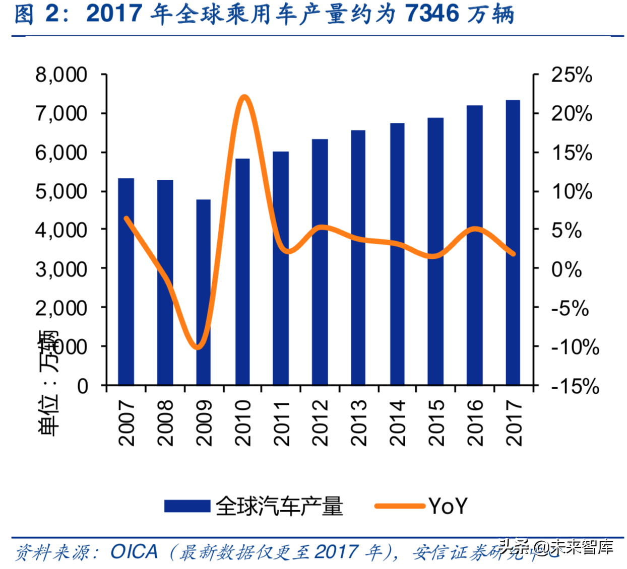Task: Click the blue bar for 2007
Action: [x=126, y=282]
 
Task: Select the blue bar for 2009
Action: [x=203, y=292]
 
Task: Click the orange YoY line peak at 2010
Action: [x=244, y=97]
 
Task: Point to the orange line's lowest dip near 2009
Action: [x=198, y=347]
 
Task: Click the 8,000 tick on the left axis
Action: [x=61, y=75]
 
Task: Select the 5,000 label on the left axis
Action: [x=61, y=191]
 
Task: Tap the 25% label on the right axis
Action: [x=571, y=75]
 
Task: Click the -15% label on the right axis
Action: [x=575, y=386]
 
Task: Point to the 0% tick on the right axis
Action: [x=566, y=269]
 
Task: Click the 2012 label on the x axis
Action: [x=320, y=423]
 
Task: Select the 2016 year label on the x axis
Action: [x=475, y=423]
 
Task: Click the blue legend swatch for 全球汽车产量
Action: [x=187, y=506]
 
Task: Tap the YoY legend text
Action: [x=448, y=506]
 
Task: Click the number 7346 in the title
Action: [x=432, y=14]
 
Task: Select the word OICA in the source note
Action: [x=134, y=552]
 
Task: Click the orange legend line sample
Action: [x=400, y=506]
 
